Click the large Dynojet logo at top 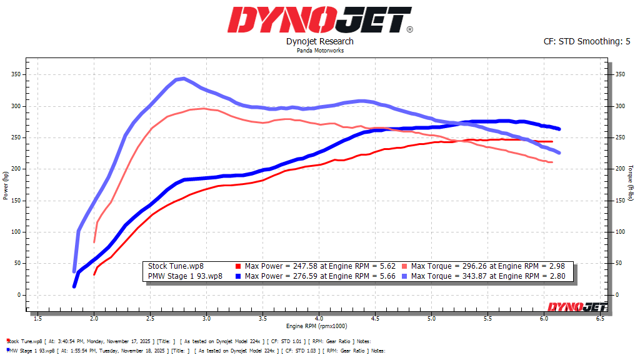[x=319, y=20]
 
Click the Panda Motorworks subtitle [x=319, y=51]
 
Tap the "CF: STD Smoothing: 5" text [x=587, y=42]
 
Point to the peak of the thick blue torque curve [x=182, y=79]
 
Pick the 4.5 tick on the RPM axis [x=375, y=318]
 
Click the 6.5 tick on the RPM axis [x=601, y=318]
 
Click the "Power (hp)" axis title [x=5, y=184]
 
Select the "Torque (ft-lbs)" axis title [x=631, y=184]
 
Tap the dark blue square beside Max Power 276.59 [x=239, y=276]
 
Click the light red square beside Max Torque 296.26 [x=406, y=266]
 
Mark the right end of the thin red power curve [x=552, y=142]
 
